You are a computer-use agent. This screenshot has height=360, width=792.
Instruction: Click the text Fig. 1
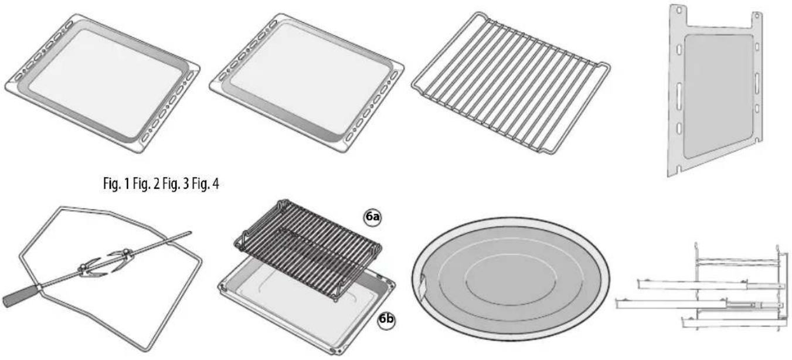[117, 184]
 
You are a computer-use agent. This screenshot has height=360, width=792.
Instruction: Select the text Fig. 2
[147, 184]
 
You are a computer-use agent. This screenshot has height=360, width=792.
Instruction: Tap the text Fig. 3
[176, 184]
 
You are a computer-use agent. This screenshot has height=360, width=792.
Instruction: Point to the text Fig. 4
[205, 184]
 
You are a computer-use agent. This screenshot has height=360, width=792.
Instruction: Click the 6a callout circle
[372, 216]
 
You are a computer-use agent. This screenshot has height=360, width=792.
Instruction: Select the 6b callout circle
[386, 320]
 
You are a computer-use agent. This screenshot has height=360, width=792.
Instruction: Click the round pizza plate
[510, 279]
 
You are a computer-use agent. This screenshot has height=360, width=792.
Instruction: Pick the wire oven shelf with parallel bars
[511, 83]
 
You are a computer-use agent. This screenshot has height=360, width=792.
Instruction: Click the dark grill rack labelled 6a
[308, 249]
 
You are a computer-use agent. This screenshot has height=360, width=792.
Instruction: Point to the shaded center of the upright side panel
[718, 96]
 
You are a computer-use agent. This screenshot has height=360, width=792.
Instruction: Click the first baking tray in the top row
[103, 83]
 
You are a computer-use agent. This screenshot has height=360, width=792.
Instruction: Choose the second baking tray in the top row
[307, 83]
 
